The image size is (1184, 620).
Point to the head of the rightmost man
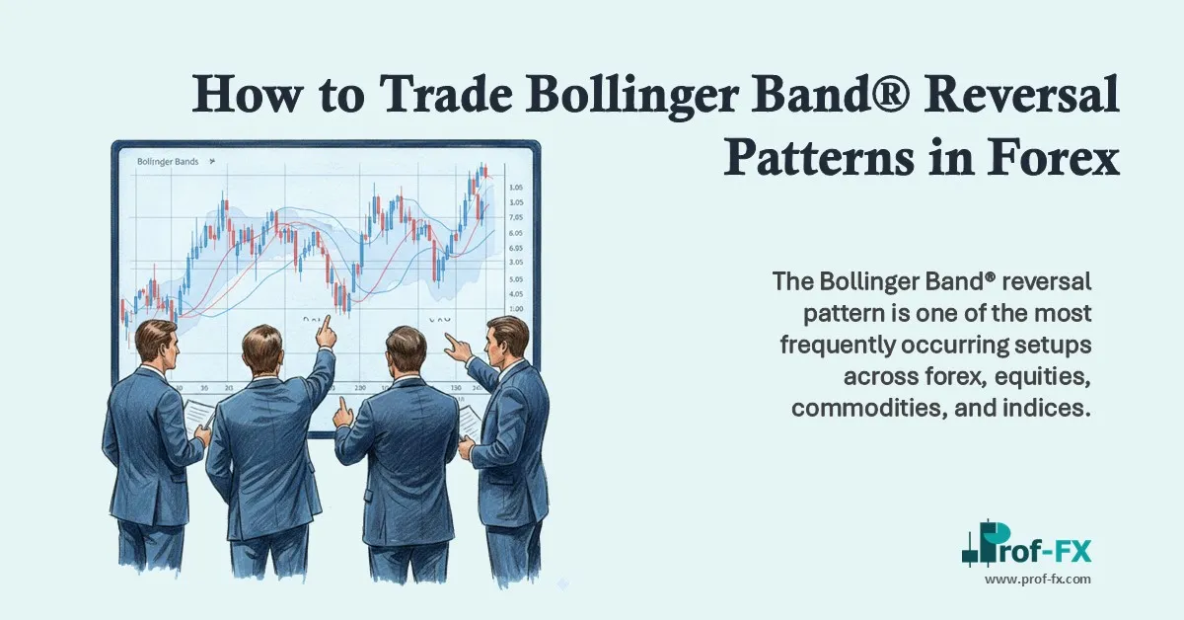click(x=507, y=335)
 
